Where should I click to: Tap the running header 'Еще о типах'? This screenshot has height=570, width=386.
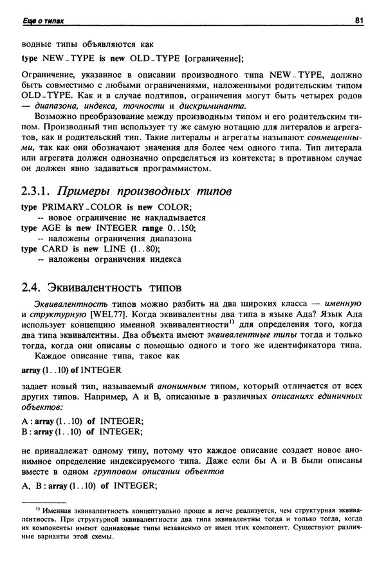(x=42, y=22)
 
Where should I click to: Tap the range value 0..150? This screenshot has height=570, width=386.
(x=180, y=228)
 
